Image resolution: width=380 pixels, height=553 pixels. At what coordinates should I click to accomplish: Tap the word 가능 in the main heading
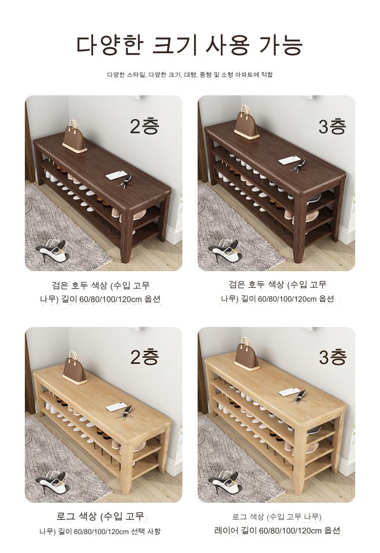tap(281, 45)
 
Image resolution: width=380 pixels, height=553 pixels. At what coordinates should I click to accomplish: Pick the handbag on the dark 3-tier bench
tap(246, 122)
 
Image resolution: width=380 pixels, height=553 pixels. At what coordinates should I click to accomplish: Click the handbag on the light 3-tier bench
tap(246, 354)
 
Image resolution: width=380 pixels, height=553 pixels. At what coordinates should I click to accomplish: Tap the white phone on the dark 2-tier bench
tap(116, 175)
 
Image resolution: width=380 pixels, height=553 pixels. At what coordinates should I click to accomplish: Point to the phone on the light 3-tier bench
tap(289, 392)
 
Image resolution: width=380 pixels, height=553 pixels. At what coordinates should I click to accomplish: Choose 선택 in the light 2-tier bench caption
tap(138, 531)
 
